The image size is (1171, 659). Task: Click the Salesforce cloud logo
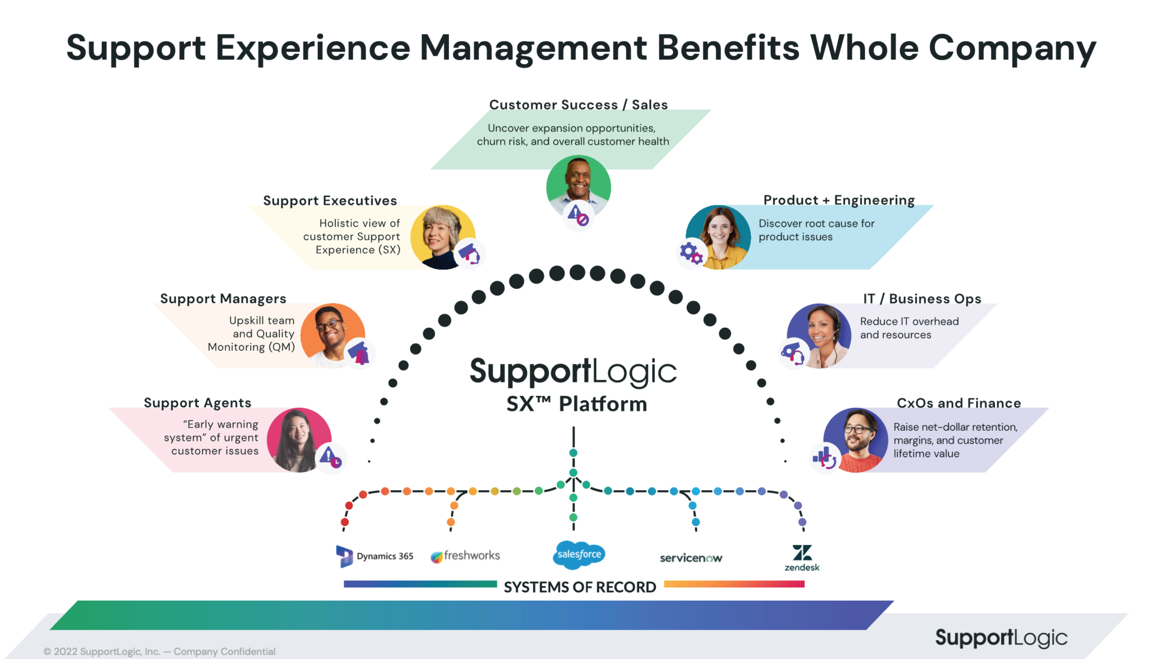[x=579, y=554]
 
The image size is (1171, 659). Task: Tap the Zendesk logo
[x=802, y=557]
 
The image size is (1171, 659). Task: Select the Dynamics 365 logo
[x=375, y=556]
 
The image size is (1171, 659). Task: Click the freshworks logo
[x=465, y=555]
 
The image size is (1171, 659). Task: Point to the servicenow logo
[x=691, y=558]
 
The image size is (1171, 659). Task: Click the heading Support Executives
[x=330, y=201]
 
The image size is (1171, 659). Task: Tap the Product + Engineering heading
[x=839, y=200]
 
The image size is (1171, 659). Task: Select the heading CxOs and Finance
[x=958, y=403]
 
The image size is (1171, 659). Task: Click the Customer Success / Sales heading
[x=578, y=105]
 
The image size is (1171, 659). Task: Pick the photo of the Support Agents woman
[x=298, y=439]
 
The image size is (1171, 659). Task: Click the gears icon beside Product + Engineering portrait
[x=691, y=253]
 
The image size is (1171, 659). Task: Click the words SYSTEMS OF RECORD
[x=579, y=587]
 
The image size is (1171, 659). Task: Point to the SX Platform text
[x=576, y=404]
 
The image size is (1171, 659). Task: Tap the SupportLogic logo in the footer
[x=1001, y=637]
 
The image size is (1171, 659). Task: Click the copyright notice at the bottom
[x=160, y=652]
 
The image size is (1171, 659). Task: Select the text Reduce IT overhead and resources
[x=909, y=328]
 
